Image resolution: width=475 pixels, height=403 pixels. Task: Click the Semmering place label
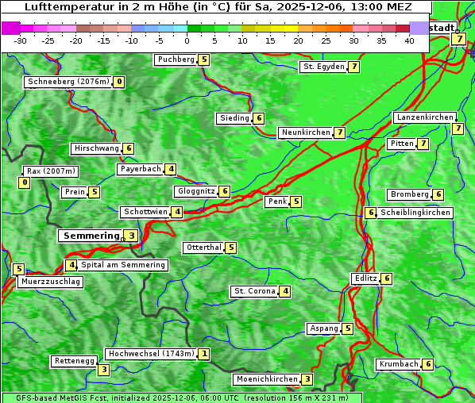pyautogui.click(x=90, y=236)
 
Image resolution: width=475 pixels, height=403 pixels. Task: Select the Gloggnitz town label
pyautogui.click(x=195, y=191)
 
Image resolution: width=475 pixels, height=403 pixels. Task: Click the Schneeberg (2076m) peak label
pyautogui.click(x=68, y=82)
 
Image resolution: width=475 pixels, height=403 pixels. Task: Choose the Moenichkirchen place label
pyautogui.click(x=267, y=379)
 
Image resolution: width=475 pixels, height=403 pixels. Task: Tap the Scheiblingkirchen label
pyautogui.click(x=415, y=213)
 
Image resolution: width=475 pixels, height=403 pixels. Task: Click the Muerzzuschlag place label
pyautogui.click(x=51, y=282)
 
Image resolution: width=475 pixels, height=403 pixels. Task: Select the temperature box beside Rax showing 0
pyautogui.click(x=25, y=183)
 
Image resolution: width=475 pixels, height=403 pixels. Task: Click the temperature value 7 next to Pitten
pyautogui.click(x=423, y=144)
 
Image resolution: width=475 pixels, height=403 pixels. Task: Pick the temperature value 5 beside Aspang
pyautogui.click(x=348, y=328)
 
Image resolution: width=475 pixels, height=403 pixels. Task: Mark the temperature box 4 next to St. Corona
pyautogui.click(x=284, y=291)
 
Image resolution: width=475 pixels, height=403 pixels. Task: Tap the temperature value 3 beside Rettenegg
pyautogui.click(x=103, y=370)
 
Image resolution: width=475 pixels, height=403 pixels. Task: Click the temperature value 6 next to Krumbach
pyautogui.click(x=428, y=364)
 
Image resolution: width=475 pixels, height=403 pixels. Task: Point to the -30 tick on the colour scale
pyautogui.click(x=21, y=40)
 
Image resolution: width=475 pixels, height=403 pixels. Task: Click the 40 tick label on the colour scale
pyautogui.click(x=409, y=40)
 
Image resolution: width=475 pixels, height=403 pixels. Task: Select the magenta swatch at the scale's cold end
pyautogui.click(x=10, y=28)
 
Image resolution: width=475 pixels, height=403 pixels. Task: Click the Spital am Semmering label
pyautogui.click(x=123, y=265)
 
